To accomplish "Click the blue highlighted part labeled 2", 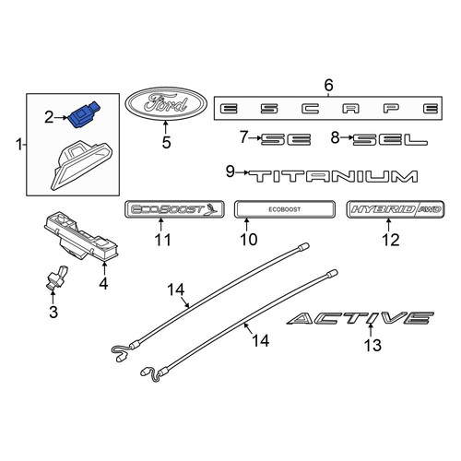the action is (x=84, y=115).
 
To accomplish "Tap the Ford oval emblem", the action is (x=166, y=103).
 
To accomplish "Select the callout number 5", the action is (x=166, y=143).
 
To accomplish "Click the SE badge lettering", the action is (x=286, y=139).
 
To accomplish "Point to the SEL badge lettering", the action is (x=390, y=139).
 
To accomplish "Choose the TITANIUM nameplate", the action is (x=333, y=176).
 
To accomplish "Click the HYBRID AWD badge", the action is (x=396, y=209).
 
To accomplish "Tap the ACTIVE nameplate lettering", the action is (x=361, y=318).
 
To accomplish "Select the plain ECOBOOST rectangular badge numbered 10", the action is (x=285, y=209).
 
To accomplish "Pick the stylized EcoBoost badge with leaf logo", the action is (x=174, y=209).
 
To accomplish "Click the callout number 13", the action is (x=372, y=345).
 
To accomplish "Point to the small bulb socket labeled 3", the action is (x=56, y=278).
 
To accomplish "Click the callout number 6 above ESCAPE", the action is (x=328, y=85).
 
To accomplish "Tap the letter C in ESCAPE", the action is (x=310, y=109).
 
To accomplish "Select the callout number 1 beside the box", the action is (x=19, y=145).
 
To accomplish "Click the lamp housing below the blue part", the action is (x=82, y=165).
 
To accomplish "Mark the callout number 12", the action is (x=391, y=240).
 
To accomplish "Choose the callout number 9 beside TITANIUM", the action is (x=230, y=171).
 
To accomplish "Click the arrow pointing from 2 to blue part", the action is (x=61, y=117).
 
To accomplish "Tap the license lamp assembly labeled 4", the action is (x=82, y=235).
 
